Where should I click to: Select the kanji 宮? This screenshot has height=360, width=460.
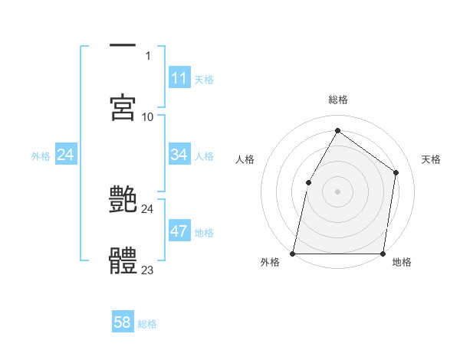coord(123,108)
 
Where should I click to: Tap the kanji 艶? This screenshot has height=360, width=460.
coord(123,200)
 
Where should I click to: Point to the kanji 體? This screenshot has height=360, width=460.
coord(123,261)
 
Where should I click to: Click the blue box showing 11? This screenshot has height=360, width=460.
coord(179,78)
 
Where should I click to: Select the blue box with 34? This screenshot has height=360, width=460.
coord(179,155)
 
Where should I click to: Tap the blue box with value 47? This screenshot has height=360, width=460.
coord(179,231)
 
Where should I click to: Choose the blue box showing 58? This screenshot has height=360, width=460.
coord(123,322)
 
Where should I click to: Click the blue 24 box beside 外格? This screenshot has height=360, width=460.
coord(66,155)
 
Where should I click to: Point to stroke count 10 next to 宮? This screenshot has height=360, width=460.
coord(148,116)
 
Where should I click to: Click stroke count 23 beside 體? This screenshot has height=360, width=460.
coord(148,270)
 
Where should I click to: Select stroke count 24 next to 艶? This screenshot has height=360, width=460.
coord(148,208)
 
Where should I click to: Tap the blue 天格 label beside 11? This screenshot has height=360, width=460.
coord(204,80)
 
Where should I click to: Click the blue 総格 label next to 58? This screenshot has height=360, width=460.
coord(147,324)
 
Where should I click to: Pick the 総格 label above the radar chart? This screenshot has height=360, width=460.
coord(337,100)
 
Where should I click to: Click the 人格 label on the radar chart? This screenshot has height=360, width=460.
coord(245,159)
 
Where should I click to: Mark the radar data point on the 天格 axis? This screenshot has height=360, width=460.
coord(396,172)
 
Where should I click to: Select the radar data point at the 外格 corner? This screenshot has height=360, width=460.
coord(293,253)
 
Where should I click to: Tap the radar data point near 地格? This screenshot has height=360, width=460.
coord(383,253)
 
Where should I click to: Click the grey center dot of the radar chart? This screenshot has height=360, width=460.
coord(337,191)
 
